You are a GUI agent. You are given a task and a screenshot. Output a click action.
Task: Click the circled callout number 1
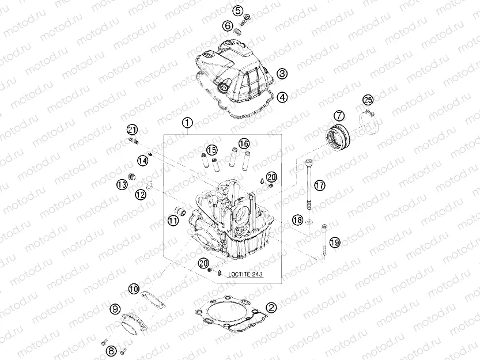pos(186,123)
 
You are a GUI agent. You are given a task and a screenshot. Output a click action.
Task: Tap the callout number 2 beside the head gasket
pos(271,308)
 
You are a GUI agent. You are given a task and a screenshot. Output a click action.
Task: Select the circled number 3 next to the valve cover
pos(282,74)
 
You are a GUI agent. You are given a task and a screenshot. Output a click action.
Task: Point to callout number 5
pos(237,10)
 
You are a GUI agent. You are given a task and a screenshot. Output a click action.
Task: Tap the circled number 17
pos(319,185)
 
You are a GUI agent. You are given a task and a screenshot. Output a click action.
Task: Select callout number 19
pos(335,242)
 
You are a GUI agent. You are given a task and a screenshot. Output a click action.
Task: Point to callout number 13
pos(122,184)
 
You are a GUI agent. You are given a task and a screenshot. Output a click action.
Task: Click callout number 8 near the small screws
pos(112,350)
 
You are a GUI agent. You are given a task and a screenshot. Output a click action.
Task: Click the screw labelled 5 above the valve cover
pos(248,21)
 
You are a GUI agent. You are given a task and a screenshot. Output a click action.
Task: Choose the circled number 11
pos(173,220)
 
